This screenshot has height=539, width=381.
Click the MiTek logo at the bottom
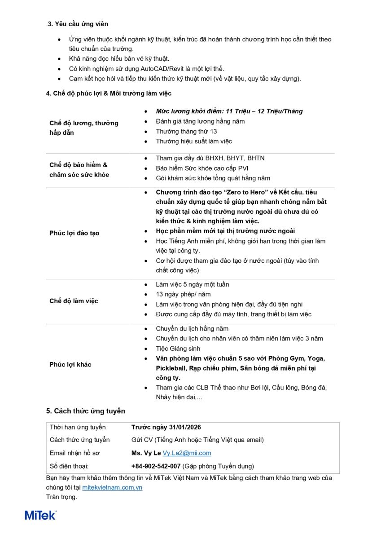[x=41, y=515]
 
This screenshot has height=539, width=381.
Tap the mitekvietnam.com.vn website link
[x=112, y=487]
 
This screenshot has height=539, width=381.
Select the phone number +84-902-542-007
[x=156, y=466]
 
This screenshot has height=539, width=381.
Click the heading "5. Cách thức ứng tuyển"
[x=85, y=411]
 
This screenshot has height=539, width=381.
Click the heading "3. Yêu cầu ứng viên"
[x=78, y=24]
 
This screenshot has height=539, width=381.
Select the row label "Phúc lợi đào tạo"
[x=74, y=233]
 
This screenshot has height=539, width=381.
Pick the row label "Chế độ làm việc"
[x=74, y=301]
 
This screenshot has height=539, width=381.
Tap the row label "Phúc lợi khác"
[x=70, y=365]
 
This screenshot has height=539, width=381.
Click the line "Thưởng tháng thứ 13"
[x=186, y=131]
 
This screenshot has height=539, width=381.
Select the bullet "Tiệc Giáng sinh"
[x=178, y=349]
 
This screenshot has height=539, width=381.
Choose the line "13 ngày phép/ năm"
[x=183, y=294]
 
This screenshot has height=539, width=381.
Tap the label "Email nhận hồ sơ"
[x=74, y=453]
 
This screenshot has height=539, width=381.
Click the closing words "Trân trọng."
[x=61, y=497]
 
